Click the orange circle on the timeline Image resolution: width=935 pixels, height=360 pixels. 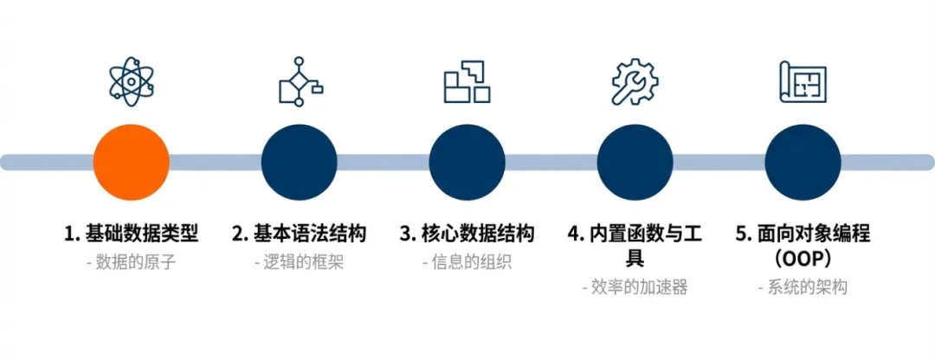pos(131,162)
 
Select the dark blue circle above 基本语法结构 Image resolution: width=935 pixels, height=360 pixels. pos(299,162)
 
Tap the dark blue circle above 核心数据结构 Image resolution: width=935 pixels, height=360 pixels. pos(467,162)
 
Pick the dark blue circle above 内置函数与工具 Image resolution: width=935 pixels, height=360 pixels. pos(635,162)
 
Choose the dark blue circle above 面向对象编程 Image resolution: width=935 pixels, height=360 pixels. pos(803,162)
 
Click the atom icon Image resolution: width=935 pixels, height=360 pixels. pos(131,82)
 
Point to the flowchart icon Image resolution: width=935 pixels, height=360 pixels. pos(299,82)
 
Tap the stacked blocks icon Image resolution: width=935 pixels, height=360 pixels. pos(467,82)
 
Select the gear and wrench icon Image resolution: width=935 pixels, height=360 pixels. pos(635,82)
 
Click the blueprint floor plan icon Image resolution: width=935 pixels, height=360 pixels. pos(803,82)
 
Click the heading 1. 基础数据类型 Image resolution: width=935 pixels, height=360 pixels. pos(131,234)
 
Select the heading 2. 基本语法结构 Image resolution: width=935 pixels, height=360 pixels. pos(299,234)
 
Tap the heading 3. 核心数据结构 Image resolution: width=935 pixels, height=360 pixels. pos(467,234)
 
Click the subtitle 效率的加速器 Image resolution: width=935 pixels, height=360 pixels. pos(635,287)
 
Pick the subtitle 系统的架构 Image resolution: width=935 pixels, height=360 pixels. pos(802,287)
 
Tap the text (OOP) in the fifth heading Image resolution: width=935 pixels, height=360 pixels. pos(803,259)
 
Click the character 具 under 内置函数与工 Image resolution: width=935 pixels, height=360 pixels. pos(635,259)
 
